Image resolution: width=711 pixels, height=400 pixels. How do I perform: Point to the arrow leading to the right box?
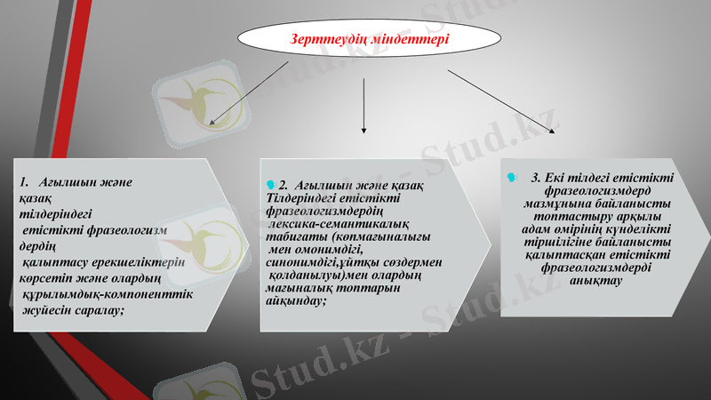coord(502,101)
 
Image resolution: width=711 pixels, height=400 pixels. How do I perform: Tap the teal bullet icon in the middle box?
coord(271,184)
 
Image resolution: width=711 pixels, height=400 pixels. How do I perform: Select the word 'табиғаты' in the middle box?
coord(297,237)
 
